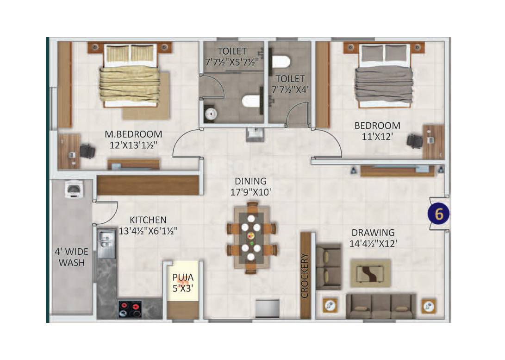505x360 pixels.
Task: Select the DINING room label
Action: point(250,181)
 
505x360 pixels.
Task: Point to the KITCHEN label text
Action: point(148,220)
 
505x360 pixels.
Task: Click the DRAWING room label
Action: point(373,233)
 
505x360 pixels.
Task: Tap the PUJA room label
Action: point(182,278)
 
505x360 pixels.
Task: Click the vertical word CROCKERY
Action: point(305,275)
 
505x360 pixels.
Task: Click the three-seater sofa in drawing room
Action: point(382,306)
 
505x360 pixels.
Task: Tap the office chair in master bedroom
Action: point(87,151)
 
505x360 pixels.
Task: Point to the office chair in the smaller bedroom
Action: point(413,140)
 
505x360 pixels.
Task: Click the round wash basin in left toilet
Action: point(210,113)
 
